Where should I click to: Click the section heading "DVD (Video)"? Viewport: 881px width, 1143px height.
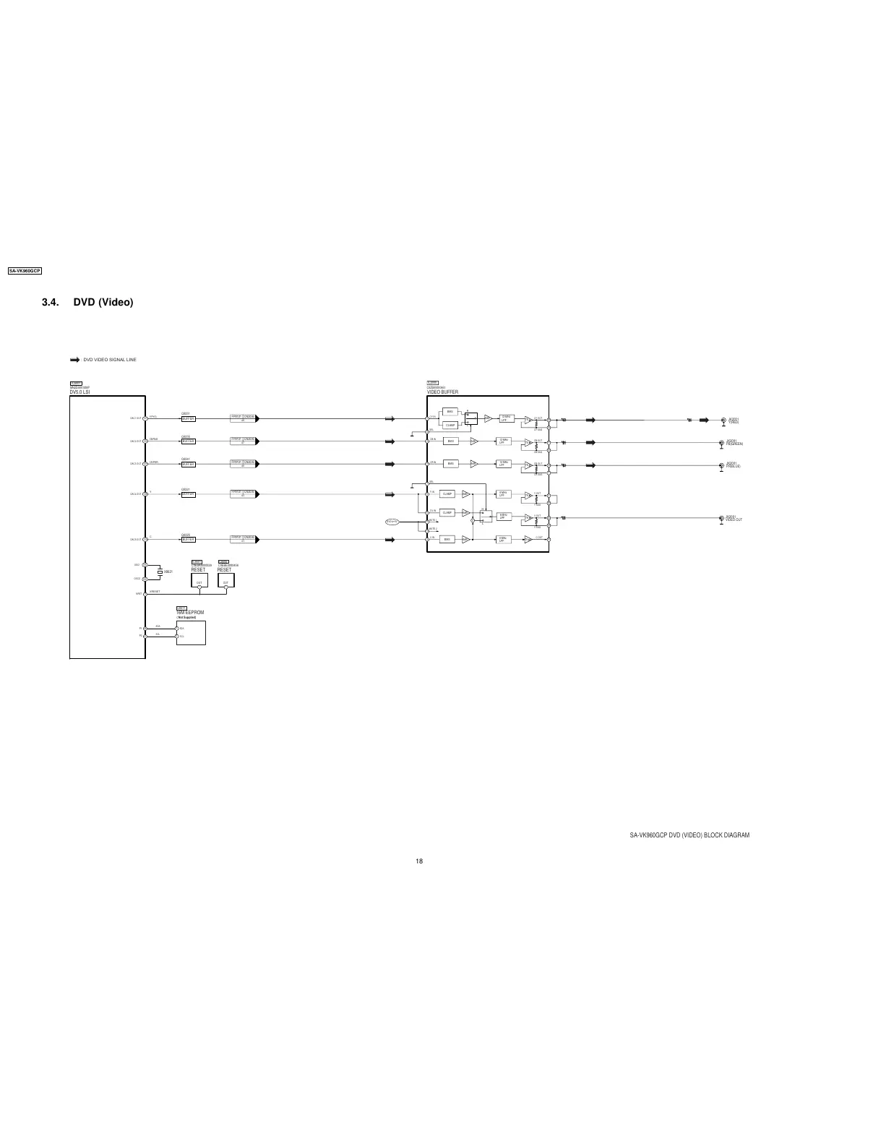pos(103,302)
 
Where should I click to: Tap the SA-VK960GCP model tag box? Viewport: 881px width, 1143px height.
pos(24,271)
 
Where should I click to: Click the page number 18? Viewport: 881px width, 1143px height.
pos(419,861)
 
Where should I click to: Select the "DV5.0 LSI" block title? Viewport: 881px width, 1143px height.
pos(79,392)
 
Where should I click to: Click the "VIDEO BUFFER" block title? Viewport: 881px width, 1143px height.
pos(442,392)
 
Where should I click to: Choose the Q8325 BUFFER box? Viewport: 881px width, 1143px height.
pos(188,540)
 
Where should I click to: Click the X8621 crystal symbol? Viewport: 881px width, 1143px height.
pos(160,571)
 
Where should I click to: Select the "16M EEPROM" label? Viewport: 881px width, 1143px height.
pos(191,613)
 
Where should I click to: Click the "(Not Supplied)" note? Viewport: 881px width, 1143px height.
pos(186,618)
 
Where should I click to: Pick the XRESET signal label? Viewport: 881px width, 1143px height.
pos(154,592)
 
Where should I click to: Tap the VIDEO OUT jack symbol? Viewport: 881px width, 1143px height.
pos(721,519)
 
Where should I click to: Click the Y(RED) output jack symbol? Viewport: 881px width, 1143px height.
pos(721,420)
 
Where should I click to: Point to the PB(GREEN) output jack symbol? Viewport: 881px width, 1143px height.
pos(721,443)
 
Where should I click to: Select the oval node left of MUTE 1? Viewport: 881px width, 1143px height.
pos(392,521)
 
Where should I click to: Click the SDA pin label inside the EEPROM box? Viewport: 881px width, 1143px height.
pos(182,629)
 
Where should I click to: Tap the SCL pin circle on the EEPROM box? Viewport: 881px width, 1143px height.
pos(177,637)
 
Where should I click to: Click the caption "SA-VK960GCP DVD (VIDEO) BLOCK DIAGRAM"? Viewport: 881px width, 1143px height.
pos(689,835)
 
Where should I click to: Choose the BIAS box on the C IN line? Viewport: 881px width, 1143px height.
pos(447,540)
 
